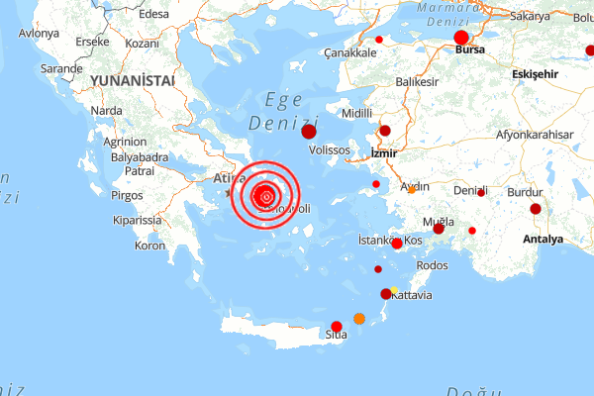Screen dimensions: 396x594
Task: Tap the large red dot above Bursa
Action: (461, 38)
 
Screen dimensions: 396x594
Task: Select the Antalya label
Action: (543, 239)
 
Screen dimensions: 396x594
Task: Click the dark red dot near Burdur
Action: (536, 209)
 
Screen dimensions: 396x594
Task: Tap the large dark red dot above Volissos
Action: (309, 132)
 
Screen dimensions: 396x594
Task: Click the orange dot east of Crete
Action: (359, 319)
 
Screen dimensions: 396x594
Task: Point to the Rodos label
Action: (434, 265)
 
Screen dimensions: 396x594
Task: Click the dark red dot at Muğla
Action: (439, 228)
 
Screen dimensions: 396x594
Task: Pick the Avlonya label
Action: (40, 33)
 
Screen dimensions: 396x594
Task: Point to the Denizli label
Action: (470, 190)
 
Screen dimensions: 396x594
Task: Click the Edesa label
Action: (154, 14)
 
